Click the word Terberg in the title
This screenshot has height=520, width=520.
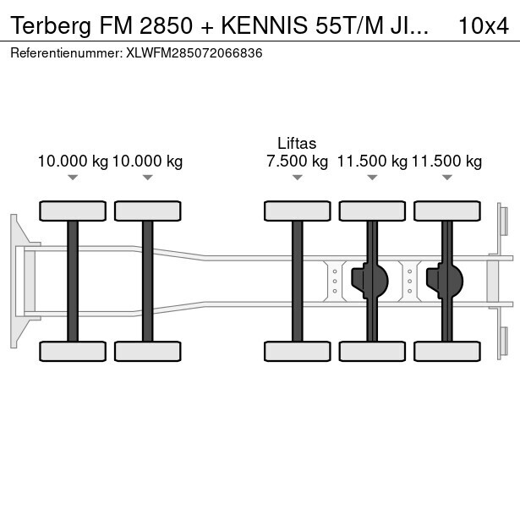click(x=51, y=26)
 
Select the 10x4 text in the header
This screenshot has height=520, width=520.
click(x=484, y=26)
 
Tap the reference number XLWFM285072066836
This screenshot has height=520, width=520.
click(x=194, y=53)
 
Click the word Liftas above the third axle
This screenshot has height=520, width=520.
click(x=297, y=143)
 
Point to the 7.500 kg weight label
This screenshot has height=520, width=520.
click(x=297, y=161)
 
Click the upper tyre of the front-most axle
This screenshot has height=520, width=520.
click(x=73, y=211)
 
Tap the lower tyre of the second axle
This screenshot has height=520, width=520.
click(x=148, y=351)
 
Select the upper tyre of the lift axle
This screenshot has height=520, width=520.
click(x=298, y=211)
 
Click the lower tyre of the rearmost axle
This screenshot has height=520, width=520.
click(x=447, y=351)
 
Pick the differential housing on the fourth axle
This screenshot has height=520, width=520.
click(x=369, y=281)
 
